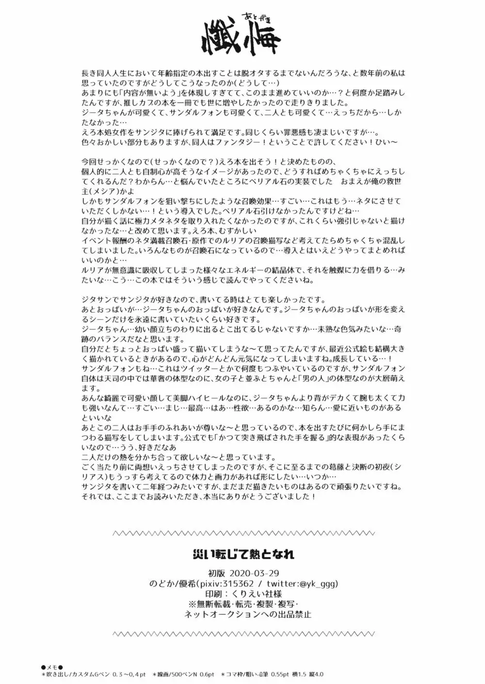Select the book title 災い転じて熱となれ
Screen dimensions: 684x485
click(x=242, y=553)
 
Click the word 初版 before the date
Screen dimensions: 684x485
click(x=218, y=573)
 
